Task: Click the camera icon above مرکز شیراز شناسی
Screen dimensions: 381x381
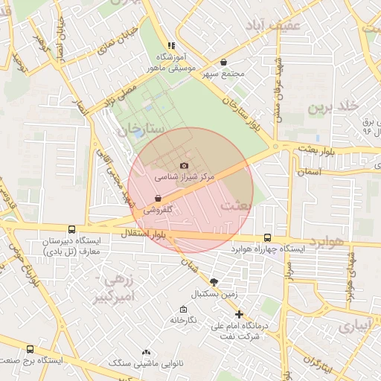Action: coord(185,165)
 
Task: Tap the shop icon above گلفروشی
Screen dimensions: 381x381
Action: coord(158,198)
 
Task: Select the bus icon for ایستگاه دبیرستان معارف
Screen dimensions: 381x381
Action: coord(71,230)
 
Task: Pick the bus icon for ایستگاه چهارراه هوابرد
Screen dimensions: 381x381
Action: coord(267,238)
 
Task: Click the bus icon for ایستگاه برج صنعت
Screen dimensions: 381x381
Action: coord(30,348)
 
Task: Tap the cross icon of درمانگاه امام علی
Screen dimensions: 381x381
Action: coord(239,314)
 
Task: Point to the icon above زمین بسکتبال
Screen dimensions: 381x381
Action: coord(214,282)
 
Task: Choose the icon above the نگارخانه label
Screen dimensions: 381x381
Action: coord(182,309)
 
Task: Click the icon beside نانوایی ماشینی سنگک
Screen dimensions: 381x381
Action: coord(146,352)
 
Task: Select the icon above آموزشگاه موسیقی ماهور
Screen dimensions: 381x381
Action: coord(173,45)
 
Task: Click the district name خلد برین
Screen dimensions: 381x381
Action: coord(332,108)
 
